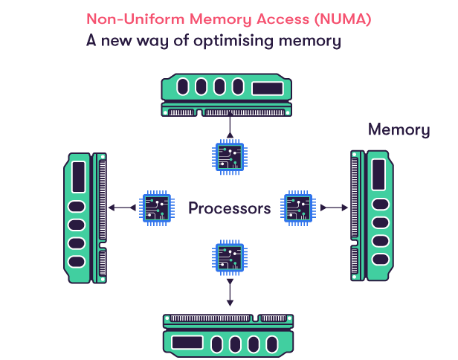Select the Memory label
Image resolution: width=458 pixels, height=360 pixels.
click(399, 130)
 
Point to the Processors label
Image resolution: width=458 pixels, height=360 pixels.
click(229, 208)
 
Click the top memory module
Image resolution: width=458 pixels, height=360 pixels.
click(229, 94)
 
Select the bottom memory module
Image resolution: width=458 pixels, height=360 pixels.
click(229, 333)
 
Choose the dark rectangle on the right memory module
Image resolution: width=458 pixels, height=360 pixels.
click(378, 176)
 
